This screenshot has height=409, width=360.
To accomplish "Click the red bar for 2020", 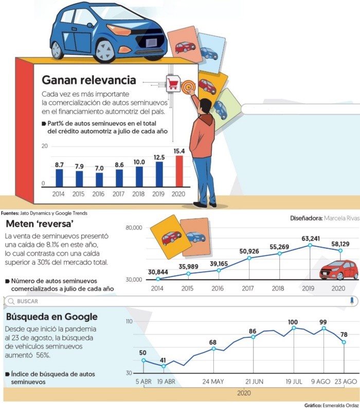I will pos(179,171).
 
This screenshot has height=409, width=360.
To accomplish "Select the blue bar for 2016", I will pos(99,179).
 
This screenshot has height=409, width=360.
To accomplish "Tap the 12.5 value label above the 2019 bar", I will pos(159,157).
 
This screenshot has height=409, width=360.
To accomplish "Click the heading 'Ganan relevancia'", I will pos(88,80).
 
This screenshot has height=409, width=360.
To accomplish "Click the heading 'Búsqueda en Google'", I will pos(51,316).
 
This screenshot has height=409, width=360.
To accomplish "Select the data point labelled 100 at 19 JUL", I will pos(294,328).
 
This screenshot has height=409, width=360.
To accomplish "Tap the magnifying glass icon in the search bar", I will pos(11,301).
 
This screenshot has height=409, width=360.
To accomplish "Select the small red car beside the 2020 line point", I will pos(338,270).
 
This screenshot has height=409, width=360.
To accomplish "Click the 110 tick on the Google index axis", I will pos(128,322).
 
